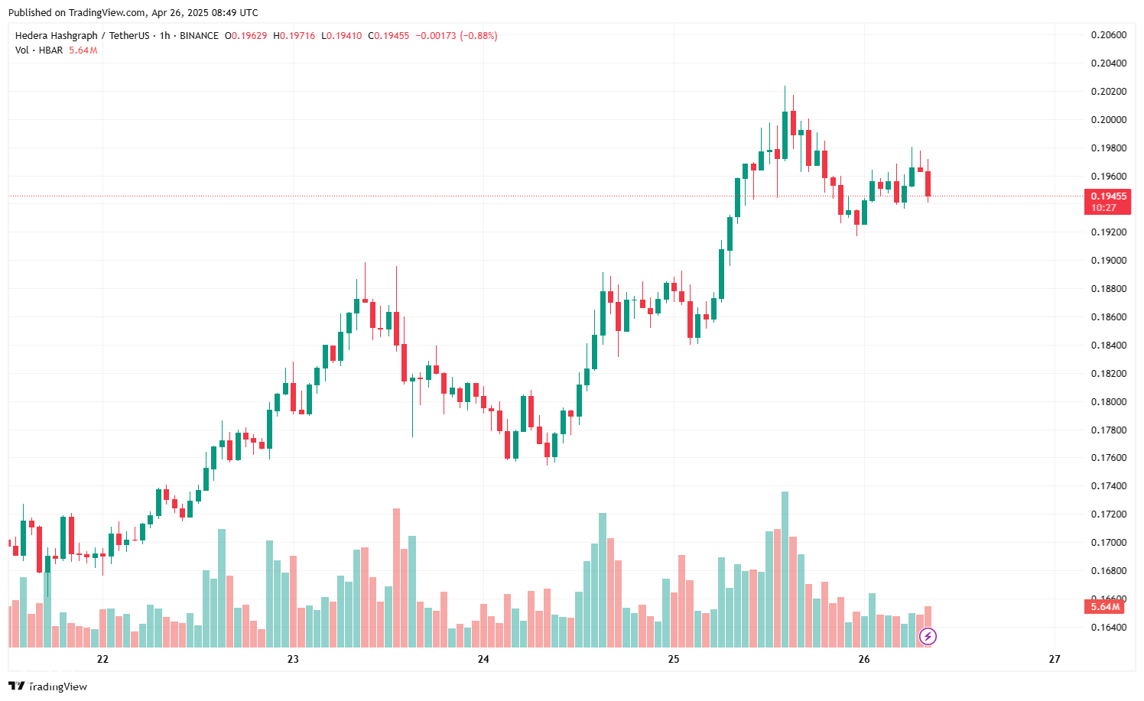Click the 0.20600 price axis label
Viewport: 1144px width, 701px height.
(x=1108, y=35)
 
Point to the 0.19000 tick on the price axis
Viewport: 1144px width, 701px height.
(x=1108, y=261)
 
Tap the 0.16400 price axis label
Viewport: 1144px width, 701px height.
(x=1108, y=628)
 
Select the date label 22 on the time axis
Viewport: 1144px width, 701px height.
(x=102, y=659)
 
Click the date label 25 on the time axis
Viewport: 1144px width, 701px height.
(x=674, y=659)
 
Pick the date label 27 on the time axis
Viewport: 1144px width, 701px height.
(x=1055, y=659)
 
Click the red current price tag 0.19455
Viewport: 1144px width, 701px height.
(x=1107, y=196)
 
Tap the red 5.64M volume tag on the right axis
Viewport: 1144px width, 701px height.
(x=1105, y=607)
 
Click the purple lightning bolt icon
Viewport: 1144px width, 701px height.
(x=928, y=636)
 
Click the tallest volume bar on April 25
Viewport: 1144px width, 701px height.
(x=785, y=570)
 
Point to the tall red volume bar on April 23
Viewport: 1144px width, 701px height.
(x=396, y=577)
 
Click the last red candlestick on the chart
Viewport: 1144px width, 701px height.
(x=928, y=183)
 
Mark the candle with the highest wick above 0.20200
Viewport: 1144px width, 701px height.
(x=785, y=135)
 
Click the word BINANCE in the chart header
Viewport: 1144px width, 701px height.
(x=199, y=36)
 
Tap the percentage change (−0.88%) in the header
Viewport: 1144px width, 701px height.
(x=478, y=36)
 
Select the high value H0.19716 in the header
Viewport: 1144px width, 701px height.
(x=294, y=36)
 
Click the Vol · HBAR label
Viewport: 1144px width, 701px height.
(x=39, y=50)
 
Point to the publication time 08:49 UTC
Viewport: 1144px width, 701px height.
(x=229, y=13)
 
